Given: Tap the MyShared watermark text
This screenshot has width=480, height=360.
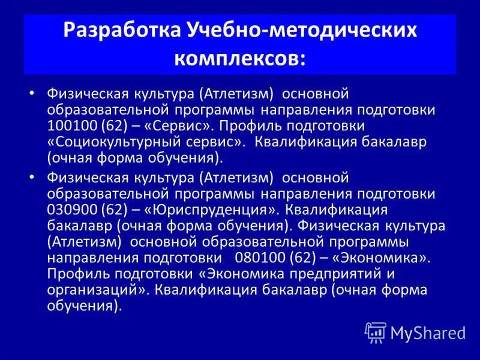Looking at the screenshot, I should (x=428, y=332).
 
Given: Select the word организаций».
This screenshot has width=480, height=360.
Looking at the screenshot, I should (x=98, y=290).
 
